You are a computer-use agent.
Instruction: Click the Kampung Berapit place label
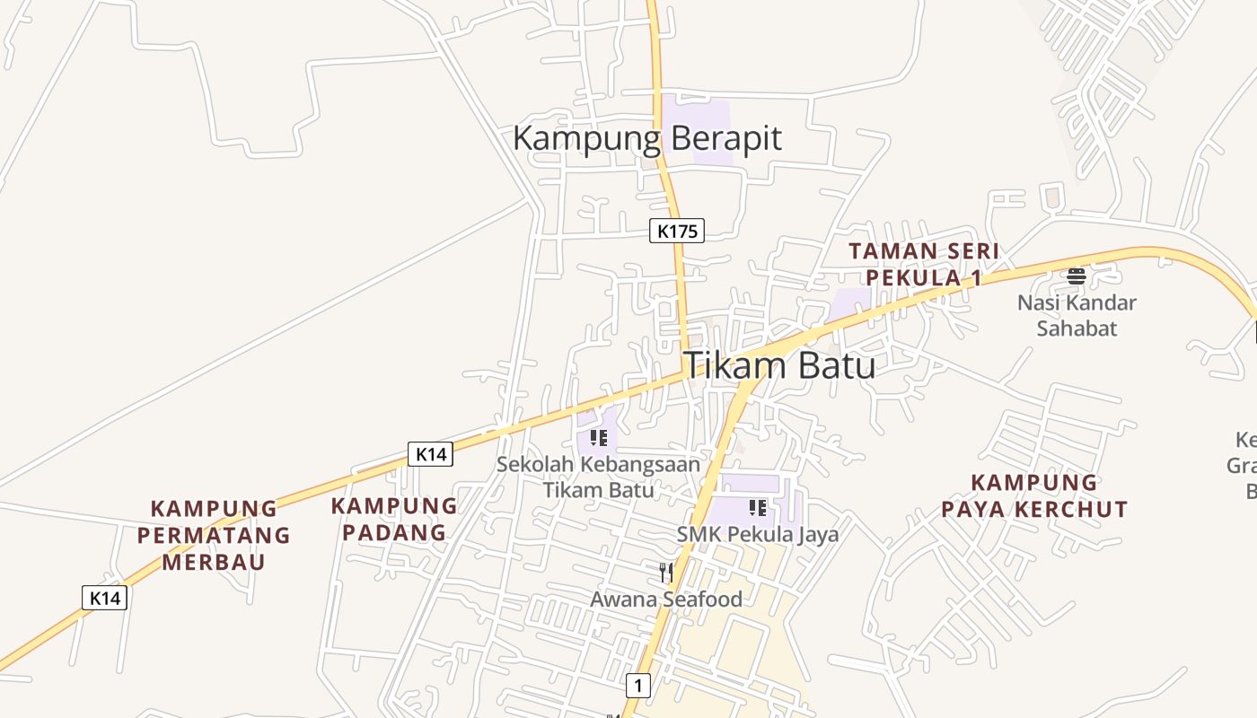646,139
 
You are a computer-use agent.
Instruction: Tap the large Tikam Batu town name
779,366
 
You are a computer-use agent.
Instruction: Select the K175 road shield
677,231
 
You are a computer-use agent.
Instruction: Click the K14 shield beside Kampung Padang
431,454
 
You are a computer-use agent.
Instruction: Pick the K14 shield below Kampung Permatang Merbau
105,598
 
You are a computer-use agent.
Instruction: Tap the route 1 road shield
637,686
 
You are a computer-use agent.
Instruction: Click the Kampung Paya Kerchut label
1034,496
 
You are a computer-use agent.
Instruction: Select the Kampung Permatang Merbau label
214,536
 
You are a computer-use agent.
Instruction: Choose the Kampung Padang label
393,519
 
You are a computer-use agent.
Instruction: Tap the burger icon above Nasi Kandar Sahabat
1077,275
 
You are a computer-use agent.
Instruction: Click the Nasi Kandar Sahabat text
1077,315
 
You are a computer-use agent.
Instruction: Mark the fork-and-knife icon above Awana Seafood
666,573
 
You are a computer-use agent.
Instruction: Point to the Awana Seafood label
666,600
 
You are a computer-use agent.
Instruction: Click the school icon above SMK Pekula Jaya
757,508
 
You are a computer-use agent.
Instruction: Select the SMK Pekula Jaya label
758,535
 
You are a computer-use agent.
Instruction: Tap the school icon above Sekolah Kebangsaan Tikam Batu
599,438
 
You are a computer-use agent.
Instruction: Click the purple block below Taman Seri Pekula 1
848,305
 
